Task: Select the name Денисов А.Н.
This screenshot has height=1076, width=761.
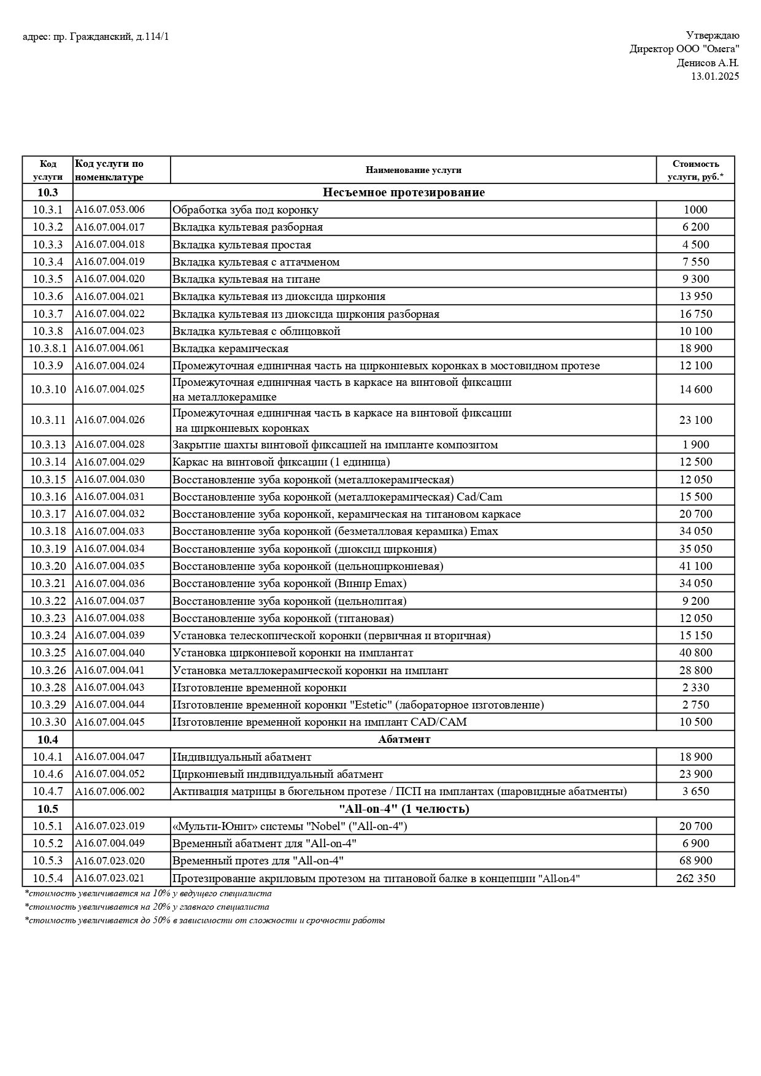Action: pos(708,63)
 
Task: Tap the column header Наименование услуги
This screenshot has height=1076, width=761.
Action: pos(413,170)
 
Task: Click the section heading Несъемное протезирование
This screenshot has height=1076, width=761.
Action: pos(403,193)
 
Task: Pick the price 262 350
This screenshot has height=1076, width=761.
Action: pos(695,878)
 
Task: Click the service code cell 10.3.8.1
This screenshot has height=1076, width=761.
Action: pos(48,348)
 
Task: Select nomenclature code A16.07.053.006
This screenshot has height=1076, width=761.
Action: pos(110,210)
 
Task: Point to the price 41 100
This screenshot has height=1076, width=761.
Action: pos(695,566)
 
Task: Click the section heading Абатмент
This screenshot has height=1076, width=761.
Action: pos(404,739)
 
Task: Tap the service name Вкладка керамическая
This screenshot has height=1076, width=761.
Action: pos(230,348)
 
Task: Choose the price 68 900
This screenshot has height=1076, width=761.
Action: pos(695,861)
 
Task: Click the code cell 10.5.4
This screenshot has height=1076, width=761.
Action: pos(48,878)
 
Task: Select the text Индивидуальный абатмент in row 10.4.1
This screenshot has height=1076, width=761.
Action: pos(242,757)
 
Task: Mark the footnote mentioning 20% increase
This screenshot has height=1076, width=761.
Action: pos(147,907)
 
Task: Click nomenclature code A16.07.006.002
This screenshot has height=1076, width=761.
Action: pos(110,791)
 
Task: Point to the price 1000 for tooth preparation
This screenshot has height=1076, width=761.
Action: pos(695,210)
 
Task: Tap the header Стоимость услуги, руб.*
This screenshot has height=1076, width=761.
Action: pos(695,170)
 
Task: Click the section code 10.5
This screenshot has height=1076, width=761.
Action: pos(48,809)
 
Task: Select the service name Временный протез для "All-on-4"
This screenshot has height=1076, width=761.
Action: pos(257,861)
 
